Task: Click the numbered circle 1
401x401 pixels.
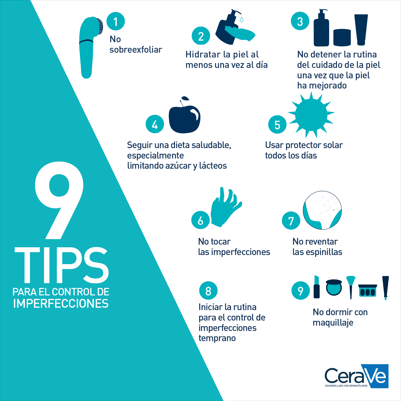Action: [115, 21]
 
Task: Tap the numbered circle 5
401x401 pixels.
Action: [277, 124]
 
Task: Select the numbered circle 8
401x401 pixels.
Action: [208, 291]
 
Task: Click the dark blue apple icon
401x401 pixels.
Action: [184, 115]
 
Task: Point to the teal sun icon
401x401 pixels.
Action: [311, 115]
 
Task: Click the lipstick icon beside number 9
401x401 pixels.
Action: [317, 287]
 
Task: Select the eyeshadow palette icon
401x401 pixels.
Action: [368, 290]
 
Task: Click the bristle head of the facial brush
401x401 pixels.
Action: [99, 26]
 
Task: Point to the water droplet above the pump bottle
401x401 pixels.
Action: [242, 20]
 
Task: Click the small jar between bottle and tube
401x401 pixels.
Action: [342, 37]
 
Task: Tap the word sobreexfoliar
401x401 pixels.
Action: [136, 50]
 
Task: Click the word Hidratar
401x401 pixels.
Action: [203, 55]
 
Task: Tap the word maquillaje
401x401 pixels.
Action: [333, 323]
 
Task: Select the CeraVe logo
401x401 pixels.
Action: [357, 376]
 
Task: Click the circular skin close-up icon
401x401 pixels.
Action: [322, 210]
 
